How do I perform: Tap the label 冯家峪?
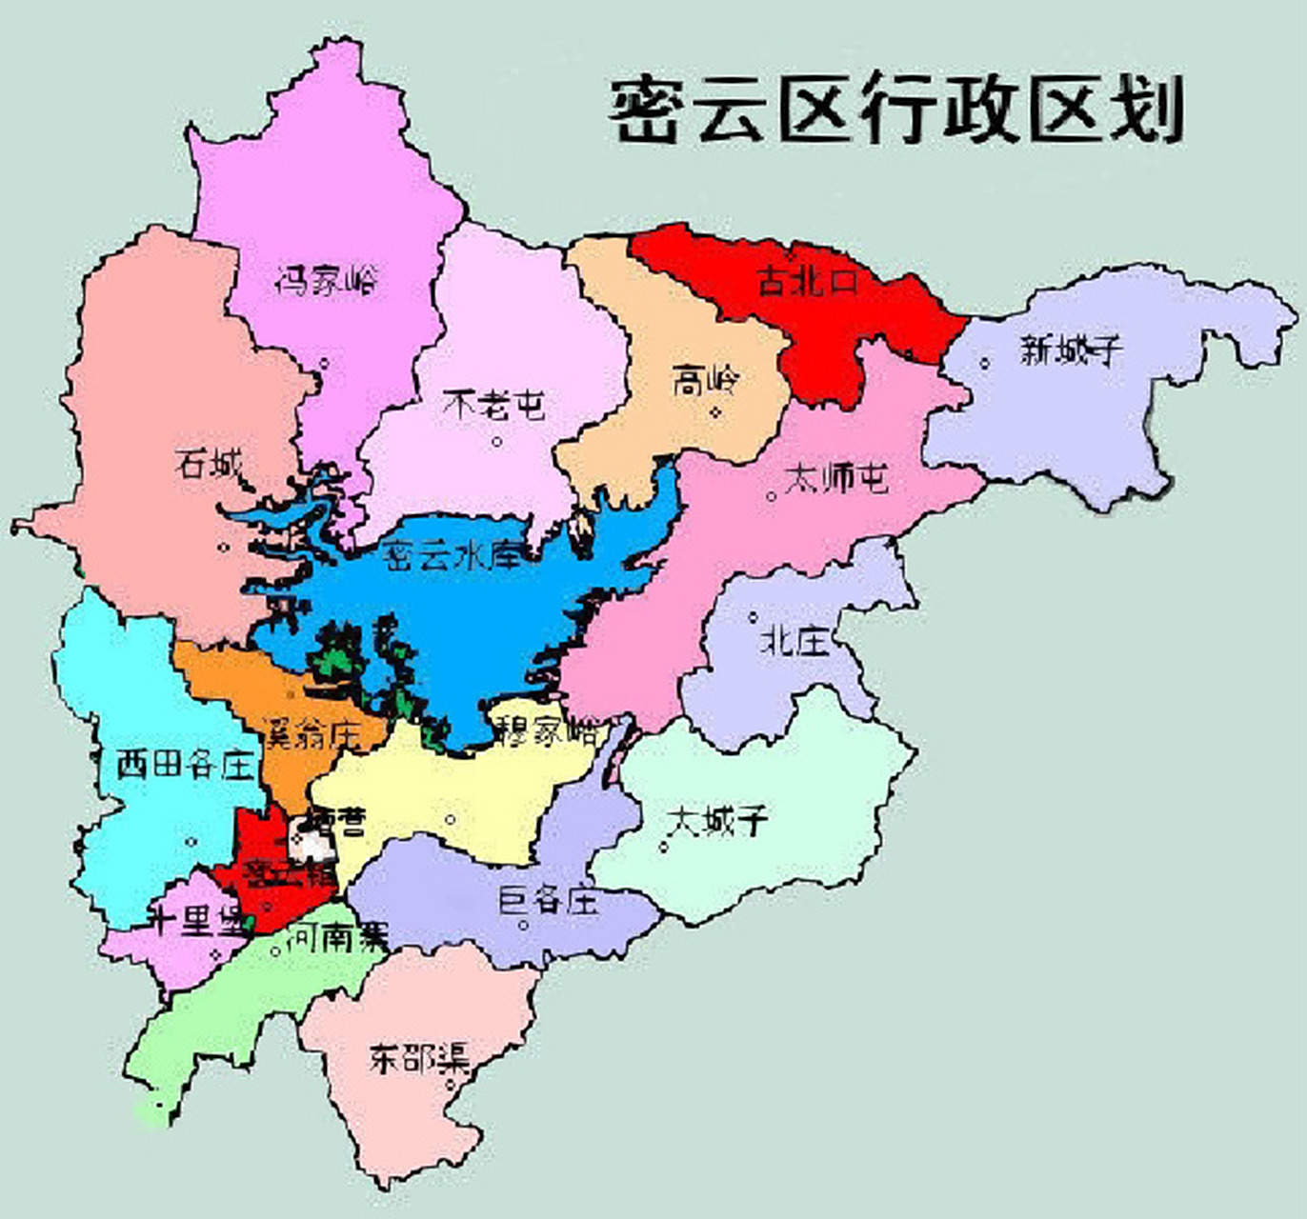tap(326, 280)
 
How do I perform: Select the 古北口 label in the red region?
tap(808, 281)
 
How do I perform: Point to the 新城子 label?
tap(1070, 350)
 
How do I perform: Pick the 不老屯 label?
tap(494, 406)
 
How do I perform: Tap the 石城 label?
tap(209, 465)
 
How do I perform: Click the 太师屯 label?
tap(834, 478)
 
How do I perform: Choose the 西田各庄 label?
tap(186, 765)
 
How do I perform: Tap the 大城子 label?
tap(717, 820)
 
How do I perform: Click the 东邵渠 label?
tap(419, 1059)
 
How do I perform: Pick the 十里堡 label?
tap(195, 921)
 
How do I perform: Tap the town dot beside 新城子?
tap(985, 362)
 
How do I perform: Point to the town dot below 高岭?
tap(716, 412)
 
